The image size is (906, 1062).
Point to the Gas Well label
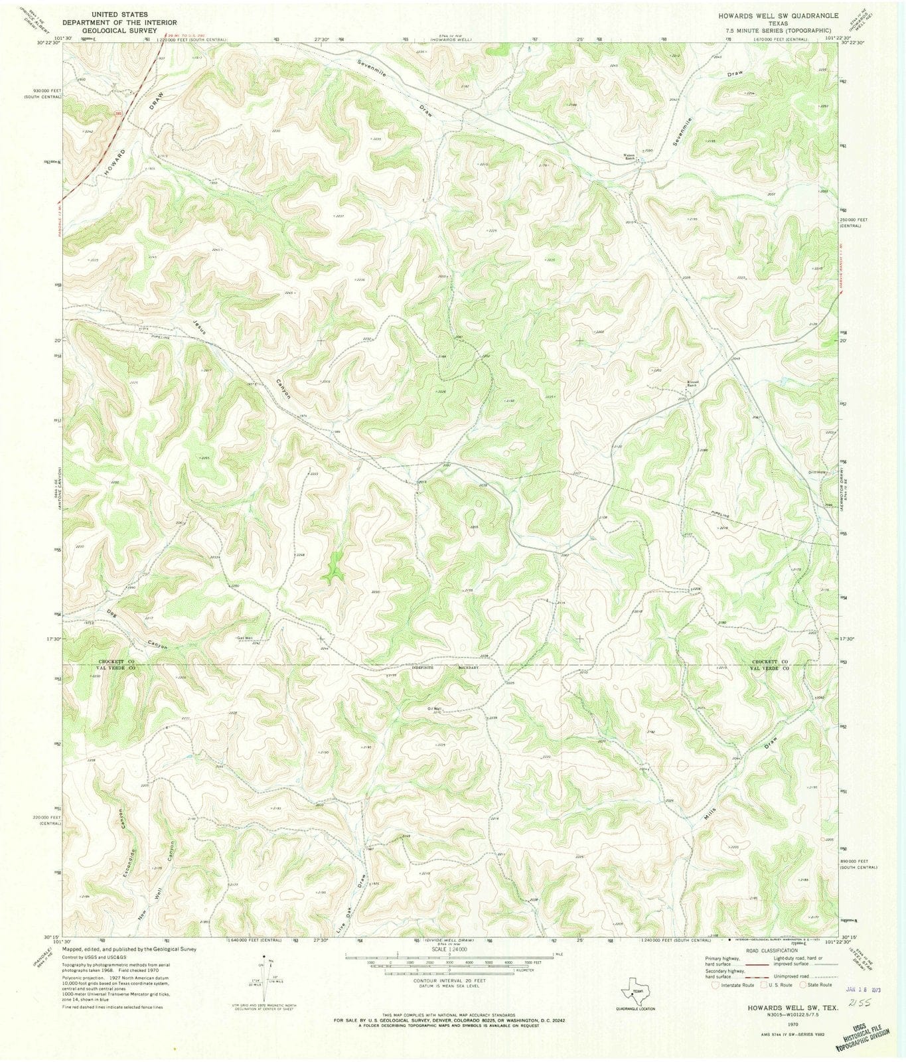(245, 639)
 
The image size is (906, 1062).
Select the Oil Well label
(434, 708)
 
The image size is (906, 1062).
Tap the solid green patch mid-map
(333, 568)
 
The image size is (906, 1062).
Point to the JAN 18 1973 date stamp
(862, 988)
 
